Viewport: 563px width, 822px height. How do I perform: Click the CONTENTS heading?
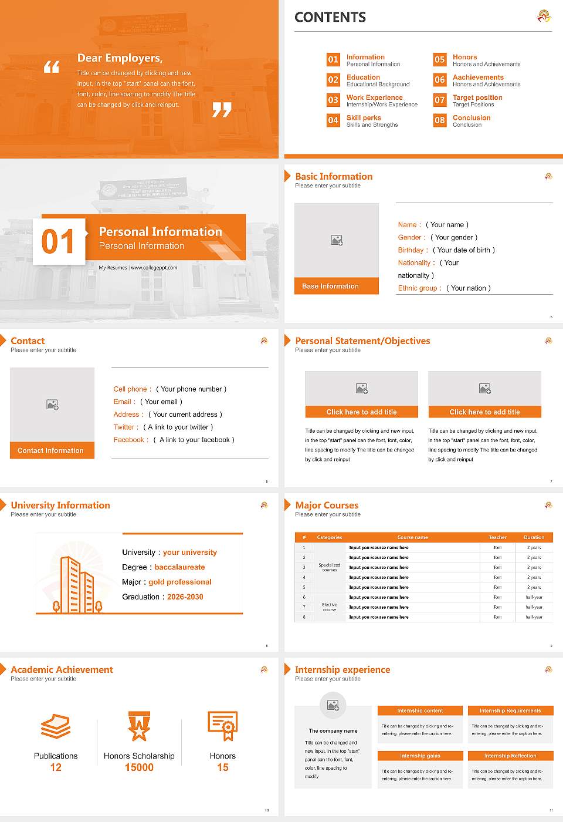pyautogui.click(x=330, y=18)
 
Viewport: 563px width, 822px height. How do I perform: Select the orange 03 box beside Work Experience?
pyautogui.click(x=333, y=100)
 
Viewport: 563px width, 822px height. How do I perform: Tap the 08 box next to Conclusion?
pyautogui.click(x=439, y=120)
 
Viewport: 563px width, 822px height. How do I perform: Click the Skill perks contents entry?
pyautogui.click(x=364, y=118)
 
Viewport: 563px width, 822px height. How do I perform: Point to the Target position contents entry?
pyautogui.click(x=477, y=97)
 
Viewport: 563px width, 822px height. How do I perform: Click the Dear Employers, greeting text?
pyautogui.click(x=120, y=58)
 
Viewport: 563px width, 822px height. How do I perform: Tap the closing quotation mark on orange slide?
pyautogui.click(x=222, y=109)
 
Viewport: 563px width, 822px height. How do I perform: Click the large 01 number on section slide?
pyautogui.click(x=58, y=241)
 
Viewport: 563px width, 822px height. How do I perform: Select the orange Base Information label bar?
pyautogui.click(x=336, y=286)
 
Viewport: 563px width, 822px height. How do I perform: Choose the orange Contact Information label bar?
pyautogui.click(x=52, y=450)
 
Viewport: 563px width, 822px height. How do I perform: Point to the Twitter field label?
pyautogui.click(x=126, y=427)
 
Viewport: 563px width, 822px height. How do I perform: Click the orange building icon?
pyautogui.click(x=77, y=585)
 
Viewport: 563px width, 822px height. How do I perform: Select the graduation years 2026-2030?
pyautogui.click(x=185, y=597)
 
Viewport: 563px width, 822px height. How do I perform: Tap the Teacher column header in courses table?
pyautogui.click(x=497, y=537)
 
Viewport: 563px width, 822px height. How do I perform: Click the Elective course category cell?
pyautogui.click(x=329, y=607)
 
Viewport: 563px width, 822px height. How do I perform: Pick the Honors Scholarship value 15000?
pyautogui.click(x=139, y=767)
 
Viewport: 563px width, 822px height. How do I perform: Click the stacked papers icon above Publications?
pyautogui.click(x=56, y=726)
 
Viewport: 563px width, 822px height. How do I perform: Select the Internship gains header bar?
pyautogui.click(x=420, y=756)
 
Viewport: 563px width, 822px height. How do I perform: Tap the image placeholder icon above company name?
pyautogui.click(x=333, y=705)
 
